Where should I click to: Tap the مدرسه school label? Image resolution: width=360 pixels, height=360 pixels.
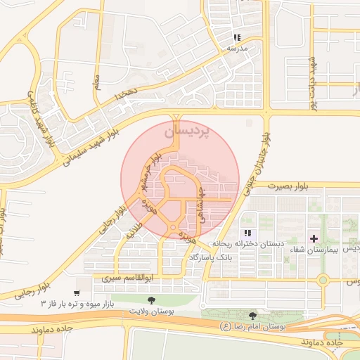click(237, 49)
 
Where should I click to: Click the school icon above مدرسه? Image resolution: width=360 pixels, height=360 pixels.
click(238, 37)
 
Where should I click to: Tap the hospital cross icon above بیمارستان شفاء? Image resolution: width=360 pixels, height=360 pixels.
click(314, 239)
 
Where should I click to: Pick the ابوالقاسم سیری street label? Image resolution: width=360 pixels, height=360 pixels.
click(128, 278)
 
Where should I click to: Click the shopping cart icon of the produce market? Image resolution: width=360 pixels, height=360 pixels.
click(76, 293)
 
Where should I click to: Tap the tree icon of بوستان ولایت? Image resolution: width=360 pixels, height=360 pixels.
click(153, 300)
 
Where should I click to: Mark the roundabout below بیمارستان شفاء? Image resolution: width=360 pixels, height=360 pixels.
click(323, 280)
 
